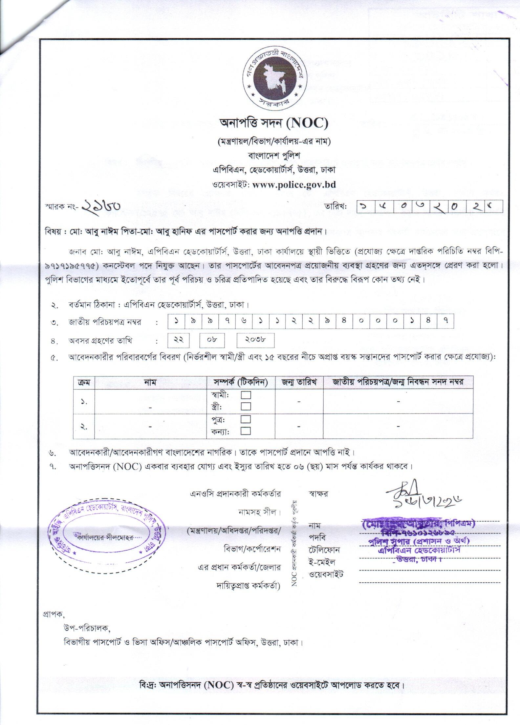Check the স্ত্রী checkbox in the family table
point(246,407)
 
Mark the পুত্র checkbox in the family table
point(246,419)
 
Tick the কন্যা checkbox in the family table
point(246,431)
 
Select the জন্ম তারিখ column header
point(299,382)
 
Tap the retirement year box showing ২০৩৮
point(255,340)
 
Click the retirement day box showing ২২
point(178,340)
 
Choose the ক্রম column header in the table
point(84,382)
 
